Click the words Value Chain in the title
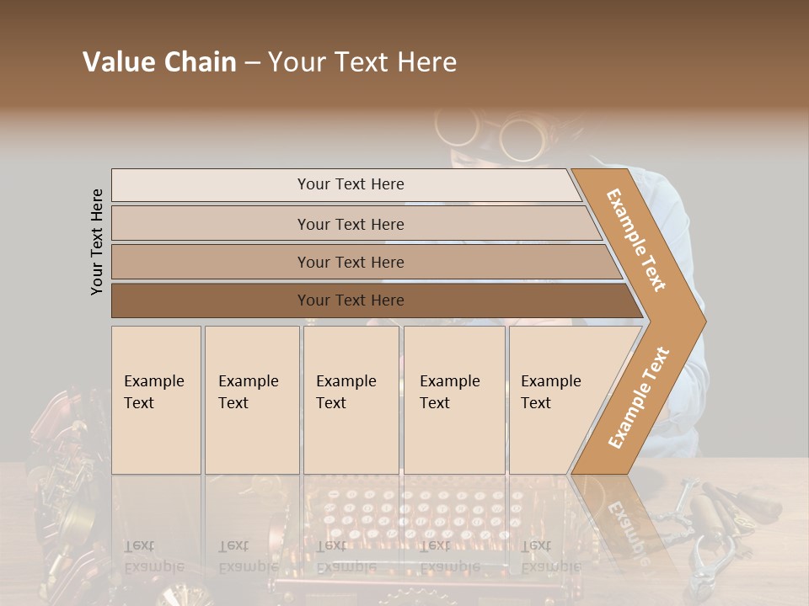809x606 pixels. coord(159,62)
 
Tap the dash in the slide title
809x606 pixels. coord(252,63)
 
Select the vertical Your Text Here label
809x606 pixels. coord(97,242)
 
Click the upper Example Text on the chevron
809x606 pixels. coord(636,240)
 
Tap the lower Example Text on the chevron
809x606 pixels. coord(639,397)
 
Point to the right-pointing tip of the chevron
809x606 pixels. coord(701,321)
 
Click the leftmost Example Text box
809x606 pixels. coord(156,400)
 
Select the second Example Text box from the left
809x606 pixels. coord(252,400)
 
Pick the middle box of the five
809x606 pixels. coord(351,400)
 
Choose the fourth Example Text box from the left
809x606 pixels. coord(454,400)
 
